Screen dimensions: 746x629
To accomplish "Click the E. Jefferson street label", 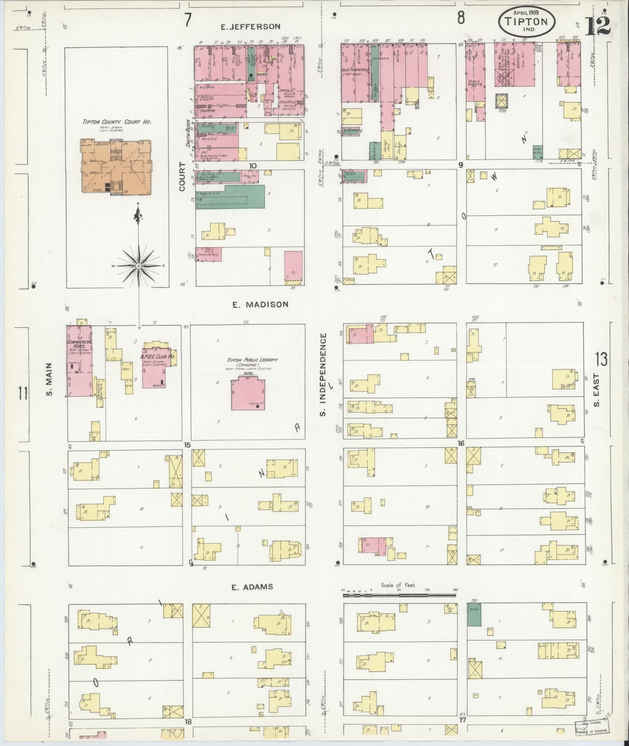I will (250, 27).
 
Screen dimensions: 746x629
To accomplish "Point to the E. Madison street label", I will (260, 304).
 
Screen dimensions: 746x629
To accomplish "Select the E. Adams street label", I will (252, 587).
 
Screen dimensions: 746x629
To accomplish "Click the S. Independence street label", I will (323, 374).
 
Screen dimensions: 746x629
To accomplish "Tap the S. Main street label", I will (49, 379).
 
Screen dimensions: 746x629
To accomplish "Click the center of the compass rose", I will (138, 266).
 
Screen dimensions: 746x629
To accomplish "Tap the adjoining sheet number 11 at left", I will (23, 393).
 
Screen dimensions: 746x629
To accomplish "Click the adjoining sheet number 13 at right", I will (601, 359).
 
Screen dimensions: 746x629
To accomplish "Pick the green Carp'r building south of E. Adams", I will (474, 615).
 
